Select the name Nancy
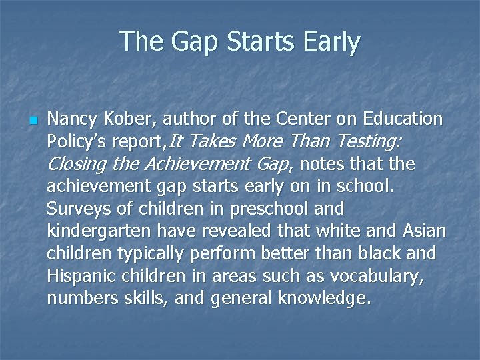74,119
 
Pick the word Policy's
78,142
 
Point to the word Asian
424,231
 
